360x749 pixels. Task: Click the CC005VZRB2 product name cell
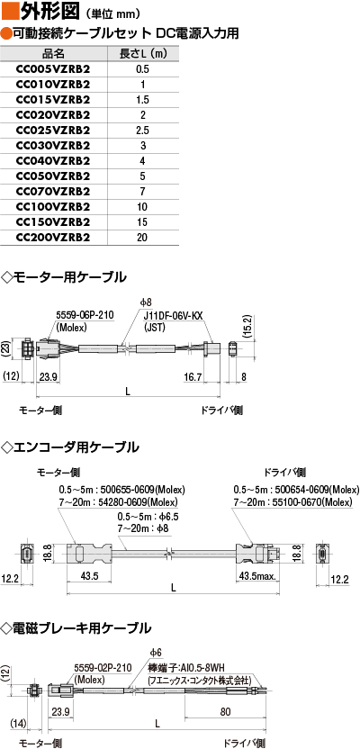pos(53,69)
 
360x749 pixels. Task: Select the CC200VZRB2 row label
pos(53,237)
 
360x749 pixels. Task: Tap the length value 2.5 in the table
pos(142,131)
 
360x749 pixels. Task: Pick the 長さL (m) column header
pos(143,53)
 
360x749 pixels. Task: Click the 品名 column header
pos(53,53)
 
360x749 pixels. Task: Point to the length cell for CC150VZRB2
pos(142,222)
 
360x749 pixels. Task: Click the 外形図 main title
pos(46,12)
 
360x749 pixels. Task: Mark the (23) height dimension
pos(6,349)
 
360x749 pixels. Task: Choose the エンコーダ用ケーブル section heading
pos(72,447)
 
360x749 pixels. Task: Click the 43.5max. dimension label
pos(256,576)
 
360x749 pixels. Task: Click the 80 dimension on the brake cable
pos(226,712)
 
